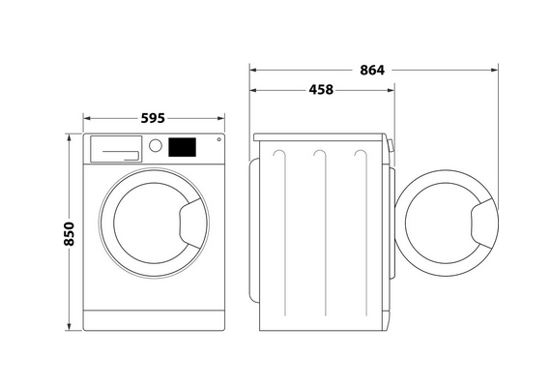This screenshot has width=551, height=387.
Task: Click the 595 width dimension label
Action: [x=153, y=118]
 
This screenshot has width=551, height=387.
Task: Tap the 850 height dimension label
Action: [x=70, y=234]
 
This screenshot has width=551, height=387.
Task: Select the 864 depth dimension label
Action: [x=372, y=71]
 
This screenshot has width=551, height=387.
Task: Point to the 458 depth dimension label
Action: [x=321, y=90]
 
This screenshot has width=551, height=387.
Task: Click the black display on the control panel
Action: [x=182, y=147]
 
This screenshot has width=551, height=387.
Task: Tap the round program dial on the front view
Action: [x=156, y=145]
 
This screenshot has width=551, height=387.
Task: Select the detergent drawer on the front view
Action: [x=116, y=149]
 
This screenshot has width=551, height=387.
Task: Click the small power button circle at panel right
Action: [x=218, y=139]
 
